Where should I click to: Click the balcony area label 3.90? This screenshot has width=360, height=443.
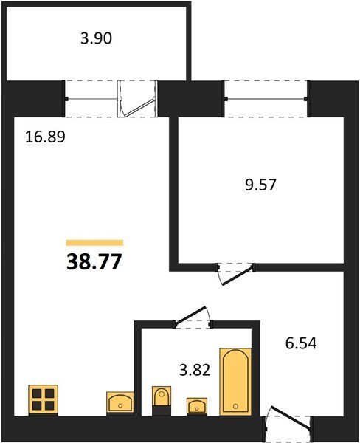[97, 38]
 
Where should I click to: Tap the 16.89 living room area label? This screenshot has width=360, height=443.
[45, 137]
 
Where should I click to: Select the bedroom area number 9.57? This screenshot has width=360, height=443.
[260, 185]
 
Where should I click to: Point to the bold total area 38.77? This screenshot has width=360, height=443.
[94, 262]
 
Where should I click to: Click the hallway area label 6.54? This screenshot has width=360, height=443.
[301, 343]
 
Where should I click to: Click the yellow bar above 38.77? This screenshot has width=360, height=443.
[94, 243]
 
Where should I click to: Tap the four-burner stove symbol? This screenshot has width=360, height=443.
[44, 399]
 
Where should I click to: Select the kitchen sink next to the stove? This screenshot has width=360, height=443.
[120, 403]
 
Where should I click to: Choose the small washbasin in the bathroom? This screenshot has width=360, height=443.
[197, 407]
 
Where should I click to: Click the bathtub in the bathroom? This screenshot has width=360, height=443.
[235, 382]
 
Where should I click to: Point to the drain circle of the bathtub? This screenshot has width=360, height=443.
[236, 406]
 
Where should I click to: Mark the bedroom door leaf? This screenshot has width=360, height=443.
[237, 275]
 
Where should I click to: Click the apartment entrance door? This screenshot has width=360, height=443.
[291, 418]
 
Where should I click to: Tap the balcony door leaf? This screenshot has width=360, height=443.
[139, 107]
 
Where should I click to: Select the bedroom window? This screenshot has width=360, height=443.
[266, 99]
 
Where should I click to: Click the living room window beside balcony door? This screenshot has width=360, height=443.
[91, 99]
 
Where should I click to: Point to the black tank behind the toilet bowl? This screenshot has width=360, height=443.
[162, 411]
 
